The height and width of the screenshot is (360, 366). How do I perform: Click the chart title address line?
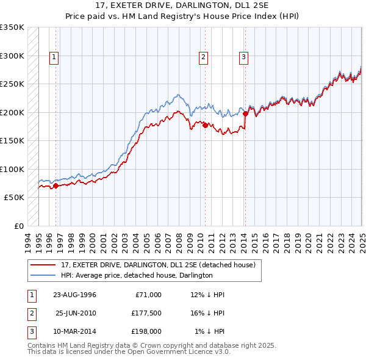[x=183, y=6]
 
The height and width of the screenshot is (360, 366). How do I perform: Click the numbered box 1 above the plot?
[x=54, y=58]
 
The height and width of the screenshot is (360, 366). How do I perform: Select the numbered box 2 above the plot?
[x=203, y=58]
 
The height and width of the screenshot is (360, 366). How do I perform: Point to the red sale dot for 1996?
[x=56, y=185]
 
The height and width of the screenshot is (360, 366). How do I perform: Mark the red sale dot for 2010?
[x=205, y=125]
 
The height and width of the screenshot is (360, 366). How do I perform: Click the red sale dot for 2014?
[x=245, y=113]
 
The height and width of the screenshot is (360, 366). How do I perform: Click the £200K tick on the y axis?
[x=12, y=112]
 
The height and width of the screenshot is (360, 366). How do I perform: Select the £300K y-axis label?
[x=12, y=56]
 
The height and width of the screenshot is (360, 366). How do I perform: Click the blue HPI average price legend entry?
[x=136, y=275]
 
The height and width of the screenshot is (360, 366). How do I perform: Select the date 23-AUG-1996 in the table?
[x=75, y=295]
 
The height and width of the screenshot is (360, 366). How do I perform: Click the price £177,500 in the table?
[x=146, y=313]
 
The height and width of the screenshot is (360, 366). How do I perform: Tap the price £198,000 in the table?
[x=146, y=331]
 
